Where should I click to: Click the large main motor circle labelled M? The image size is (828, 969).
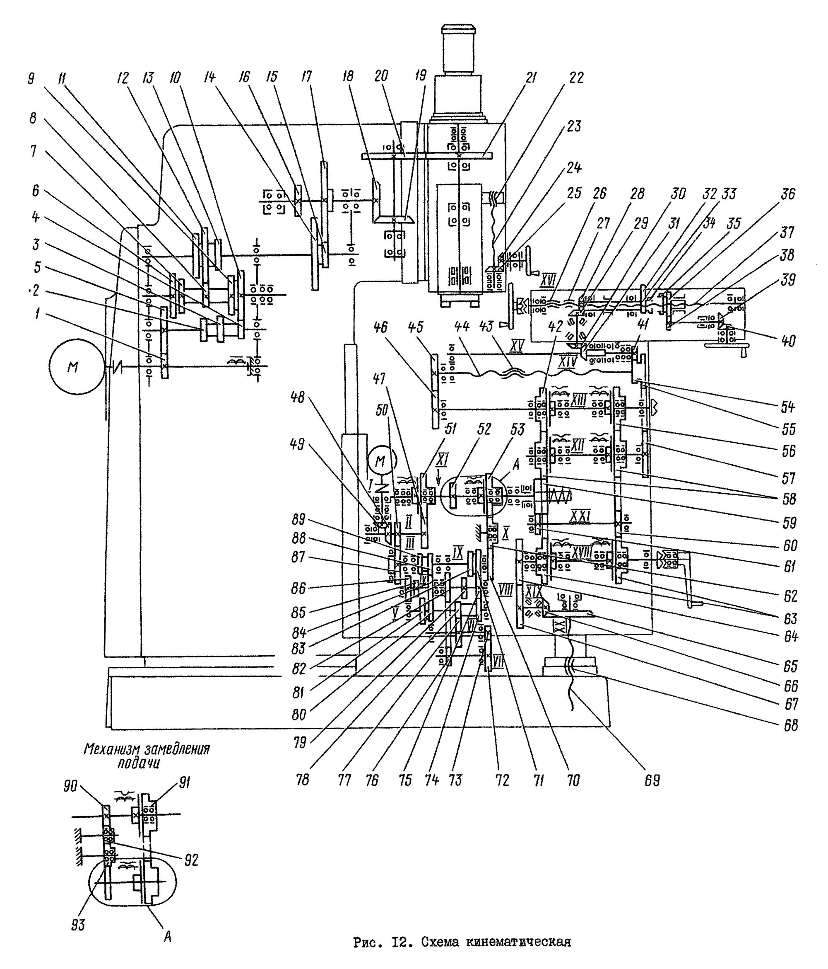(72, 367)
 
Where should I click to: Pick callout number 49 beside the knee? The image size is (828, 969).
(296, 444)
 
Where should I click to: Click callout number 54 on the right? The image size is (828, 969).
(787, 408)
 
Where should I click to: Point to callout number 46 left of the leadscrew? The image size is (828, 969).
(381, 327)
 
